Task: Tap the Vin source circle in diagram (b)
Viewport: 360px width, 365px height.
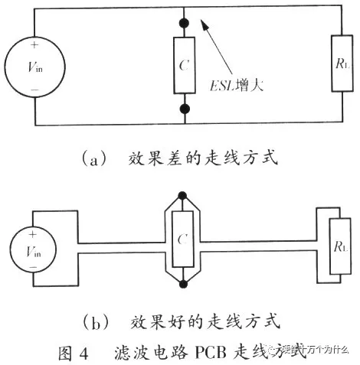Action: click(x=33, y=250)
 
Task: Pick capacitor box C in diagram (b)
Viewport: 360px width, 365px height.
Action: click(x=182, y=240)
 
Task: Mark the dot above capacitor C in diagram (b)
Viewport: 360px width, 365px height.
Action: click(x=182, y=196)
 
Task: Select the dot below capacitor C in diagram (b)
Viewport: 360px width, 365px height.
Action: click(x=182, y=285)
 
